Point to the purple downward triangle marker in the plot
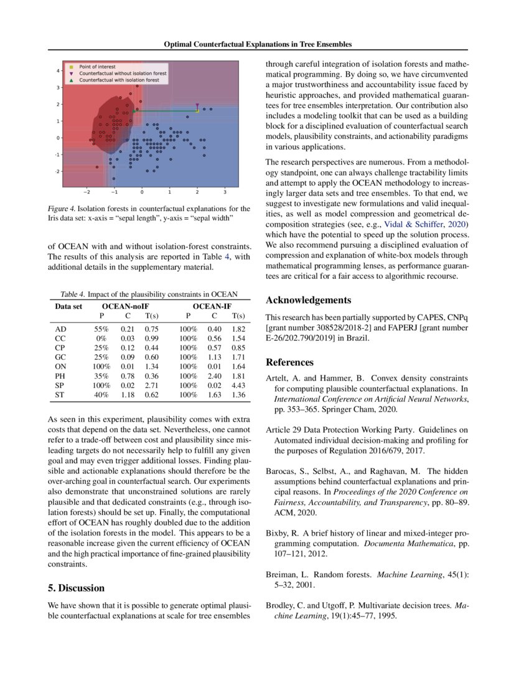(x=197, y=106)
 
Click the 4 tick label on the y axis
(x=58, y=71)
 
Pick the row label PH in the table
(x=60, y=376)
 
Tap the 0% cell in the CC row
(x=101, y=337)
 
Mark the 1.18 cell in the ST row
(x=128, y=395)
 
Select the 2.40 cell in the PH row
(x=215, y=376)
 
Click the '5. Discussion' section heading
(x=77, y=588)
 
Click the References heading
(x=289, y=362)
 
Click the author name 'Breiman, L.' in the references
(x=284, y=574)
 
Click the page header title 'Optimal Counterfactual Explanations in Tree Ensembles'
(x=258, y=45)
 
